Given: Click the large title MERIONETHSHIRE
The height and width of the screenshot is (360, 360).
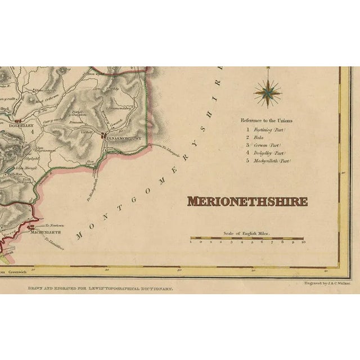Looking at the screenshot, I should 247,201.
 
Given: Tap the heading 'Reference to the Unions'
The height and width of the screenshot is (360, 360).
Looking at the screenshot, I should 267,120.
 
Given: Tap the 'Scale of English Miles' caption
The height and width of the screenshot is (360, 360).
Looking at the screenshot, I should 247,233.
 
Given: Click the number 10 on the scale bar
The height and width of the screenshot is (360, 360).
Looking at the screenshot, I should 303,244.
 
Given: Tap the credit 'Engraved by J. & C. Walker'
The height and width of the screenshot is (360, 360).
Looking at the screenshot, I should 326,285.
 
